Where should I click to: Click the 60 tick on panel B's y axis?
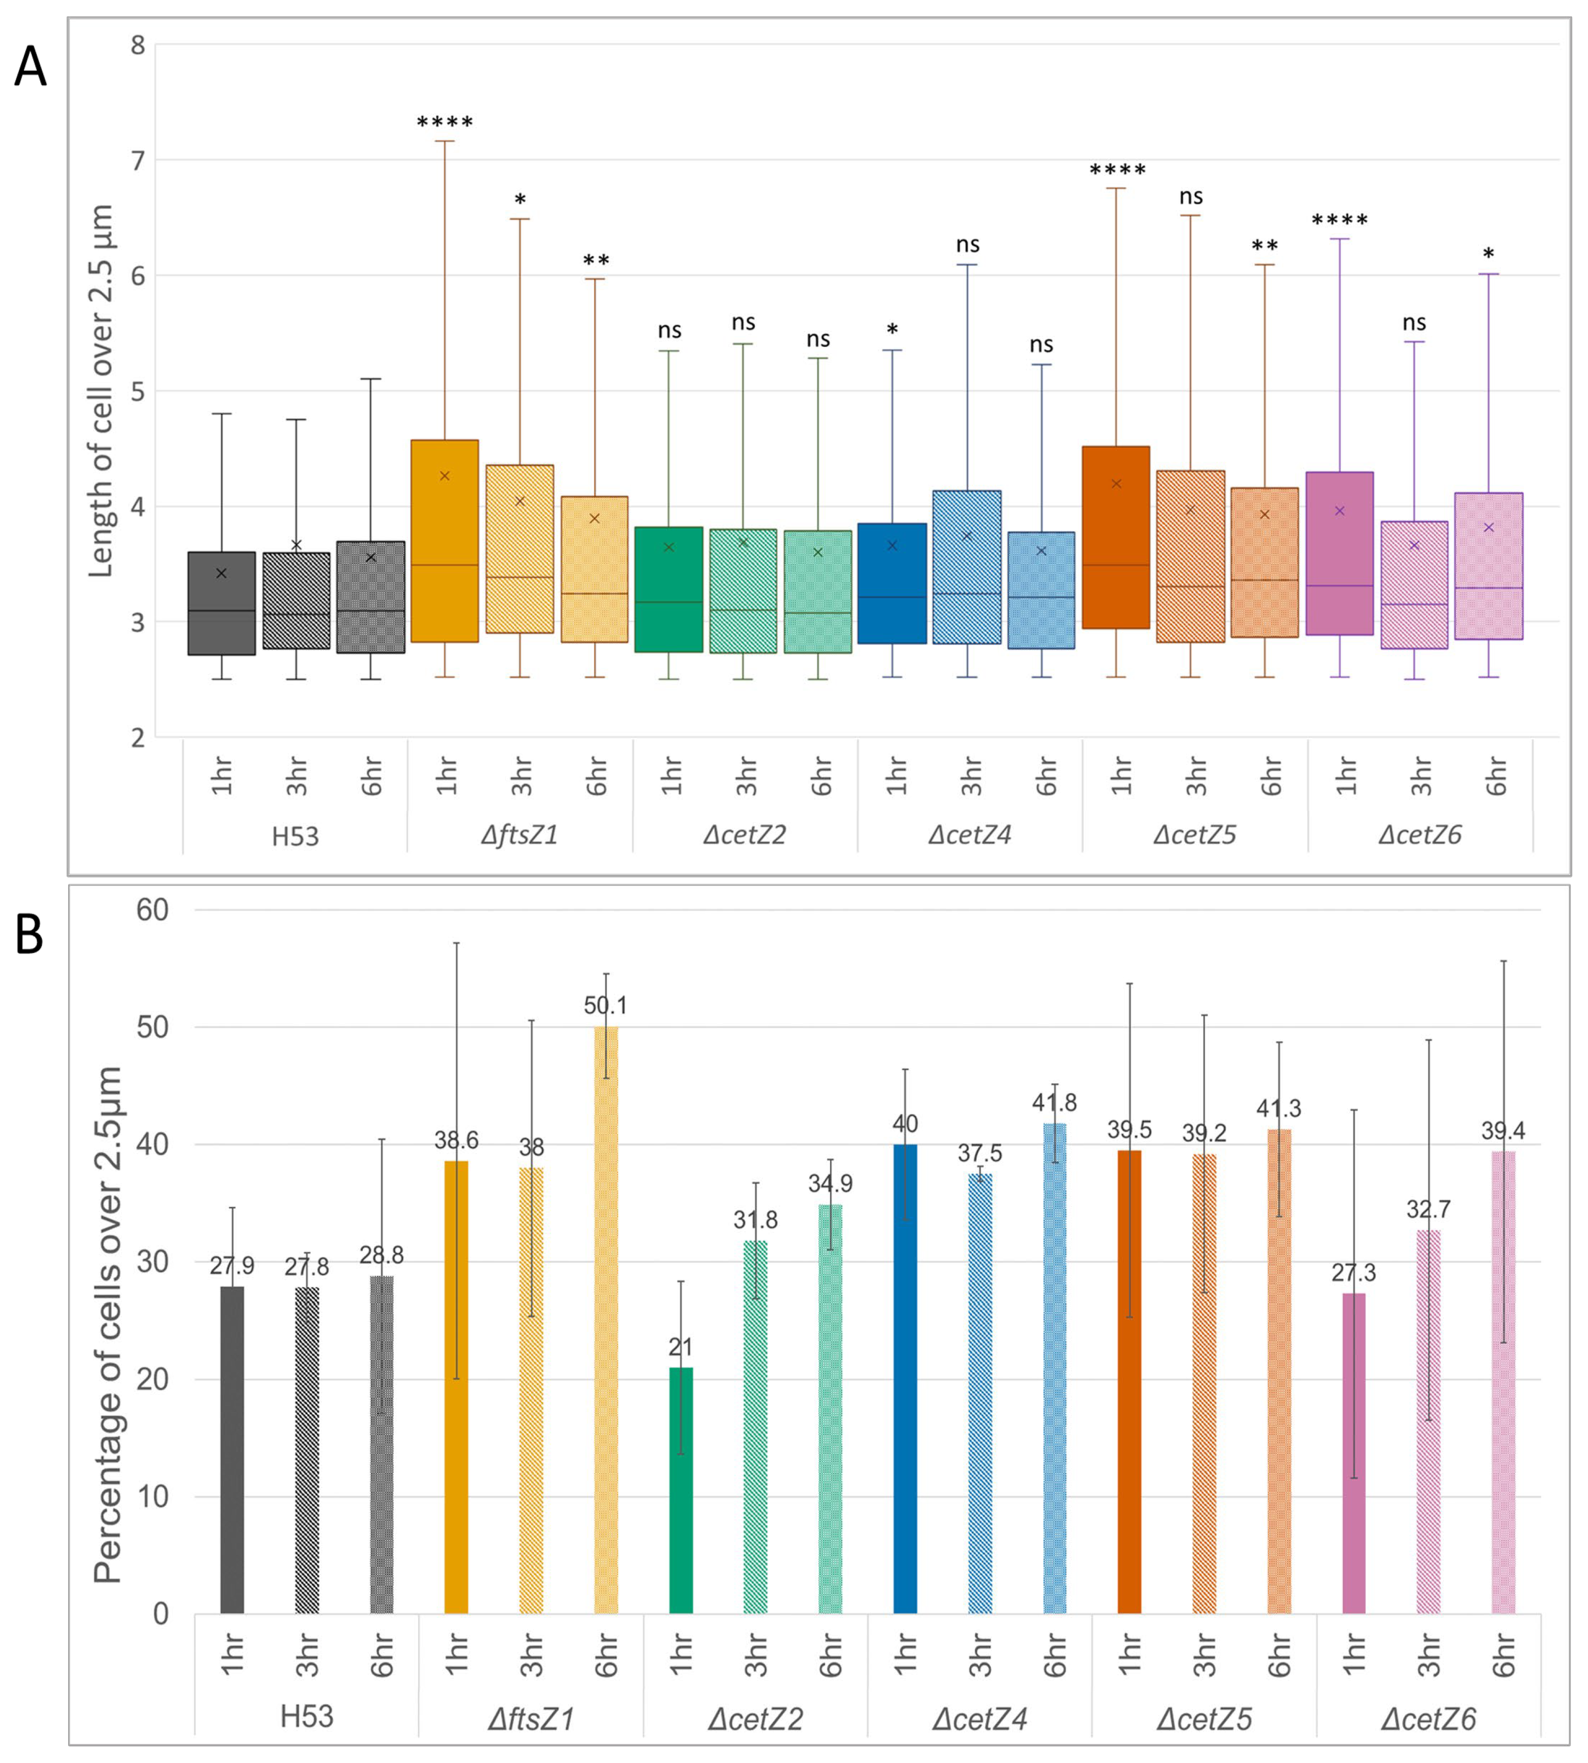tap(152, 910)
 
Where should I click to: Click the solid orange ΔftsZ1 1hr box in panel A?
tap(444, 541)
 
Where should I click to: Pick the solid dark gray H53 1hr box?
tap(222, 603)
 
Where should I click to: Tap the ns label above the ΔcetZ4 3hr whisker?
tap(967, 245)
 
